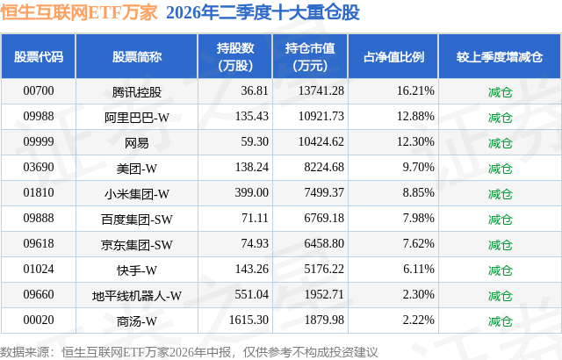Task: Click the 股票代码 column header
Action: point(39,57)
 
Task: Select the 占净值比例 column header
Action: point(393,57)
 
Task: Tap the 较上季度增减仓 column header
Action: point(500,57)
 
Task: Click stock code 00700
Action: point(39,91)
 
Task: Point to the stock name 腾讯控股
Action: point(137,92)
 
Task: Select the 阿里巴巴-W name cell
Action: point(137,118)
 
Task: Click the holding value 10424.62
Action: point(321,142)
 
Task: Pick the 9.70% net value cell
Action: point(418,168)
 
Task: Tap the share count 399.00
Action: point(252,192)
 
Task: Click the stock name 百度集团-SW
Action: point(137,220)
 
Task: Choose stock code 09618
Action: point(39,243)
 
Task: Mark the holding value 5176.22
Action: point(324,269)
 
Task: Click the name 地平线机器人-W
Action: point(137,296)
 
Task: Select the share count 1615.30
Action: point(249,320)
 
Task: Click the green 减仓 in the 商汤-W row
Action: point(500,321)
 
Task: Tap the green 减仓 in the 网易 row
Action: point(500,143)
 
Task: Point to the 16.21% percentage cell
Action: point(415,91)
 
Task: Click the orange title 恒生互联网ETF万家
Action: point(79,12)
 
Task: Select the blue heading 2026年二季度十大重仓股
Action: point(263,12)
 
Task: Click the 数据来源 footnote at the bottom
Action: point(189,352)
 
